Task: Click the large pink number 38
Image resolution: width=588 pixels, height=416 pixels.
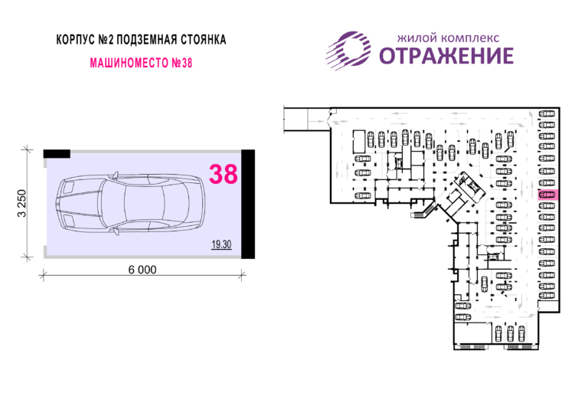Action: pos(223,174)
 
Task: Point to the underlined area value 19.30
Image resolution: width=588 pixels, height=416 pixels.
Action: pos(221,244)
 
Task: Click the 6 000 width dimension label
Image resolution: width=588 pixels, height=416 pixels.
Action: pos(142,270)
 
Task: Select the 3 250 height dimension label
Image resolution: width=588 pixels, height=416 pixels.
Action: pos(22,203)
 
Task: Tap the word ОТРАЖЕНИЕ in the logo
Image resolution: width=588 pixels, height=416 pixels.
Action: pos(446,55)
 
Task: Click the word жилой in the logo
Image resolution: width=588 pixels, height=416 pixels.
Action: pos(417,38)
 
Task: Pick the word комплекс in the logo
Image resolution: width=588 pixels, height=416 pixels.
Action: pos(470,38)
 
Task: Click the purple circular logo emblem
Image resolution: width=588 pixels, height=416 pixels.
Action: pos(348,51)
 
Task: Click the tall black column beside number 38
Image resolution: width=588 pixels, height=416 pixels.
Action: pos(248,204)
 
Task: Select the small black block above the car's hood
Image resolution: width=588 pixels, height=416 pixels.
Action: pos(57,153)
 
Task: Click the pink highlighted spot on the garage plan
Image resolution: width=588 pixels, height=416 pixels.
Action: pos(548,195)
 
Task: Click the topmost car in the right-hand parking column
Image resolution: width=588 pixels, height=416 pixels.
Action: pos(547,113)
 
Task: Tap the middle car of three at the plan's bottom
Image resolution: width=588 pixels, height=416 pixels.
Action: pos(510,333)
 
